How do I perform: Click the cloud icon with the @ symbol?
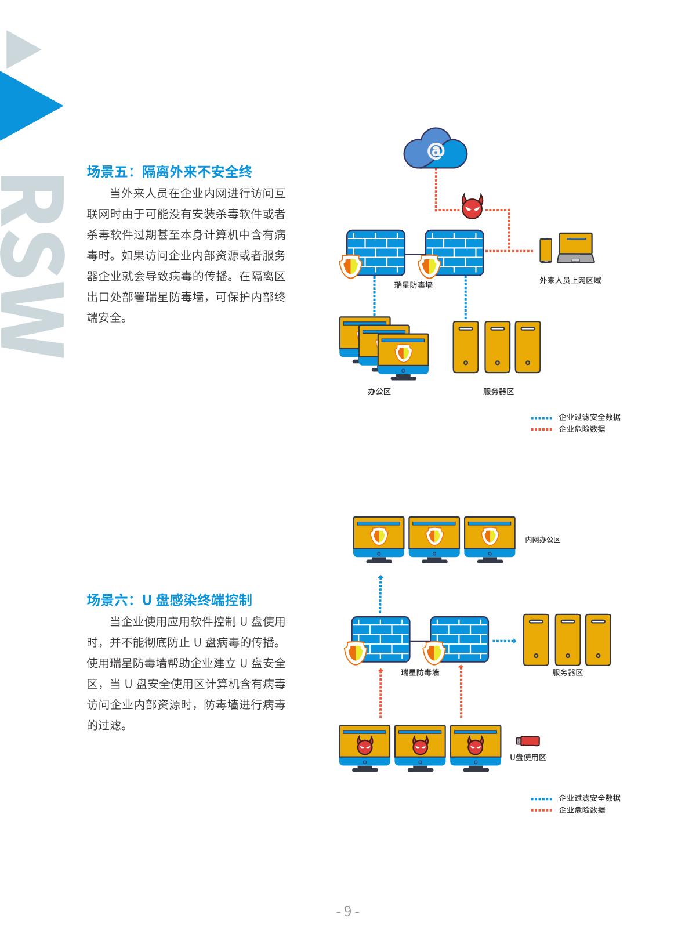tap(436, 151)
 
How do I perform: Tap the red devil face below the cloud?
tap(472, 207)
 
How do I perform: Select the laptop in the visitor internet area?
tap(575, 248)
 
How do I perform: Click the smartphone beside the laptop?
tap(545, 250)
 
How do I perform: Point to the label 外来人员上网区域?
tap(570, 280)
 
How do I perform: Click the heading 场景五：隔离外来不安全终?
tap(169, 172)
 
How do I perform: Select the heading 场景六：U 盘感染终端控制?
tap(169, 600)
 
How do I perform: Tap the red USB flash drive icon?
tap(528, 741)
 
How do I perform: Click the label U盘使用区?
tap(528, 757)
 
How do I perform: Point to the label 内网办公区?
tap(542, 540)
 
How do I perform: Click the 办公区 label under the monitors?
tap(379, 392)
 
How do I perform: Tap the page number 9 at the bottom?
tap(348, 911)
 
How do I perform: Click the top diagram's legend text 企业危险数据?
tap(581, 429)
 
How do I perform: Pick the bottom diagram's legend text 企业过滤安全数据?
tap(589, 798)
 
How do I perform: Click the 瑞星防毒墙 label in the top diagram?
tap(413, 285)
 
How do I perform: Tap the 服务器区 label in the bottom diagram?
tap(567, 672)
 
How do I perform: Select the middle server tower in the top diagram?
tap(497, 347)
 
